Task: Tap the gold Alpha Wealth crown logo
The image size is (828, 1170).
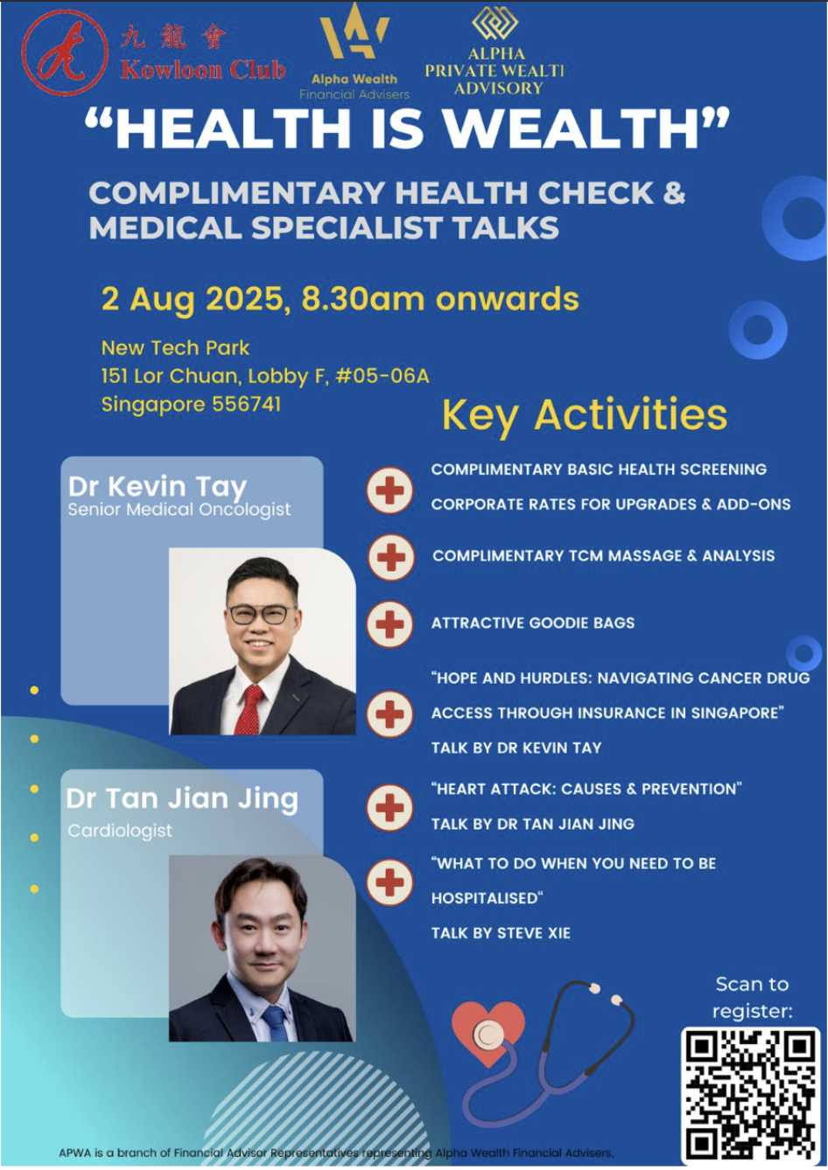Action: pos(354,31)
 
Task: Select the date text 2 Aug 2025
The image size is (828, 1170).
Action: pos(192,299)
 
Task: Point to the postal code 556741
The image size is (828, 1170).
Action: pos(247,404)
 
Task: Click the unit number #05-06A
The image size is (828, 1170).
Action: pos(382,375)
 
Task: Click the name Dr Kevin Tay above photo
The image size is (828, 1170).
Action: pos(158,487)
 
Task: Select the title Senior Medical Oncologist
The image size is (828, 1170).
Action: pos(179,509)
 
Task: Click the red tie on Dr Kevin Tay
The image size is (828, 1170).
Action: pos(249,709)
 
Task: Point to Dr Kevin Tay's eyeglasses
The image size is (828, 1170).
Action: pos(262,615)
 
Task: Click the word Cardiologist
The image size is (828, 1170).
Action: pos(120,831)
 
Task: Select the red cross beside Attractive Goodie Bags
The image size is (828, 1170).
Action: pos(390,624)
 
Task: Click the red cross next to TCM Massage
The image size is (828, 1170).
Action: pos(391,557)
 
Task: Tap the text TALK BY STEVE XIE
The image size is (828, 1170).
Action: pos(501,933)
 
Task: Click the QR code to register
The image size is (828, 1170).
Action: pos(751,1097)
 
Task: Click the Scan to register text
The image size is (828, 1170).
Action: pos(752,998)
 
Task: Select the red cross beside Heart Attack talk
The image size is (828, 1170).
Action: pos(390,807)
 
